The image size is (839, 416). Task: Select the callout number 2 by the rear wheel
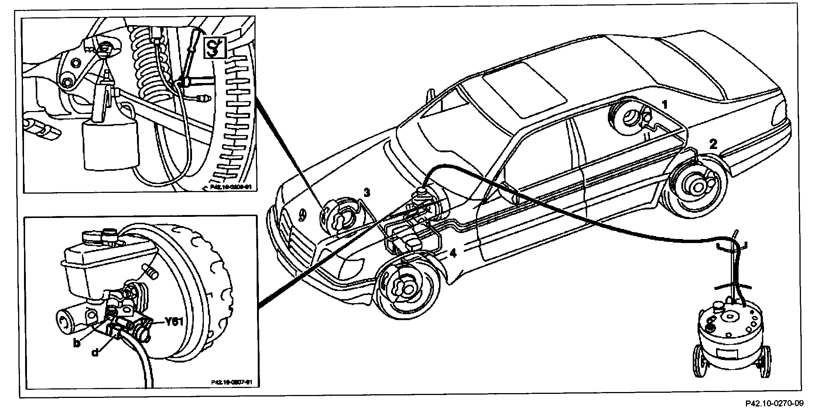click(x=713, y=144)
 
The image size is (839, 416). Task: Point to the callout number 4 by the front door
click(x=453, y=253)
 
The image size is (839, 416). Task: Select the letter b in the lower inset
click(x=77, y=344)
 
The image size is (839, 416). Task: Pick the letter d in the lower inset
click(x=95, y=353)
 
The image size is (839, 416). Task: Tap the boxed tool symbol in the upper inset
click(x=215, y=48)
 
